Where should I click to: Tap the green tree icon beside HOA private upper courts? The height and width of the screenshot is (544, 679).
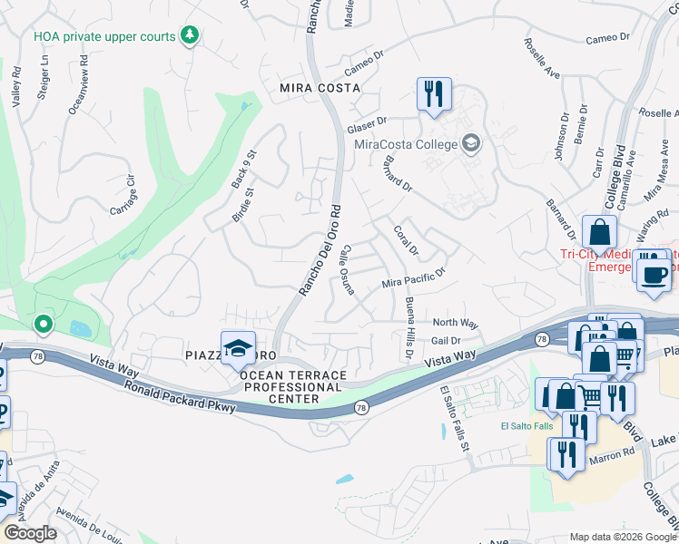click(190, 35)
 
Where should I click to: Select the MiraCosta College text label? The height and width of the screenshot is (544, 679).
click(413, 143)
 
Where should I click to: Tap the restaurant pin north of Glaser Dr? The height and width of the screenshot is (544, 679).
click(434, 93)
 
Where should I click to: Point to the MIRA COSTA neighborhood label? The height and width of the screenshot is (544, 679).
click(320, 88)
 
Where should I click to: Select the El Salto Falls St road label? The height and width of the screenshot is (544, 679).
click(456, 415)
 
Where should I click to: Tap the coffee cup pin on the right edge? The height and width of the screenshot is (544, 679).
click(654, 274)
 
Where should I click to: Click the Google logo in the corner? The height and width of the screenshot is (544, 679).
click(30, 533)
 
